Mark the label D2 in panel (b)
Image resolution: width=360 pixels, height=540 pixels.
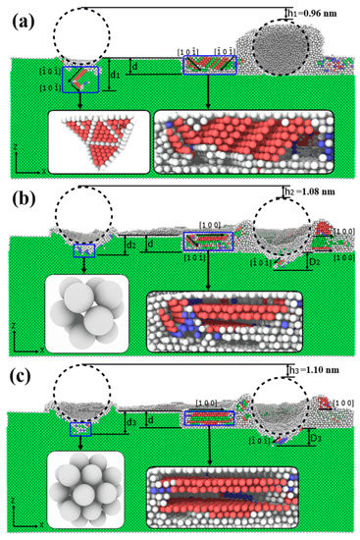point(312,262)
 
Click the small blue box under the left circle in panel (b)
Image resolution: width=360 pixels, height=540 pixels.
point(84,252)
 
